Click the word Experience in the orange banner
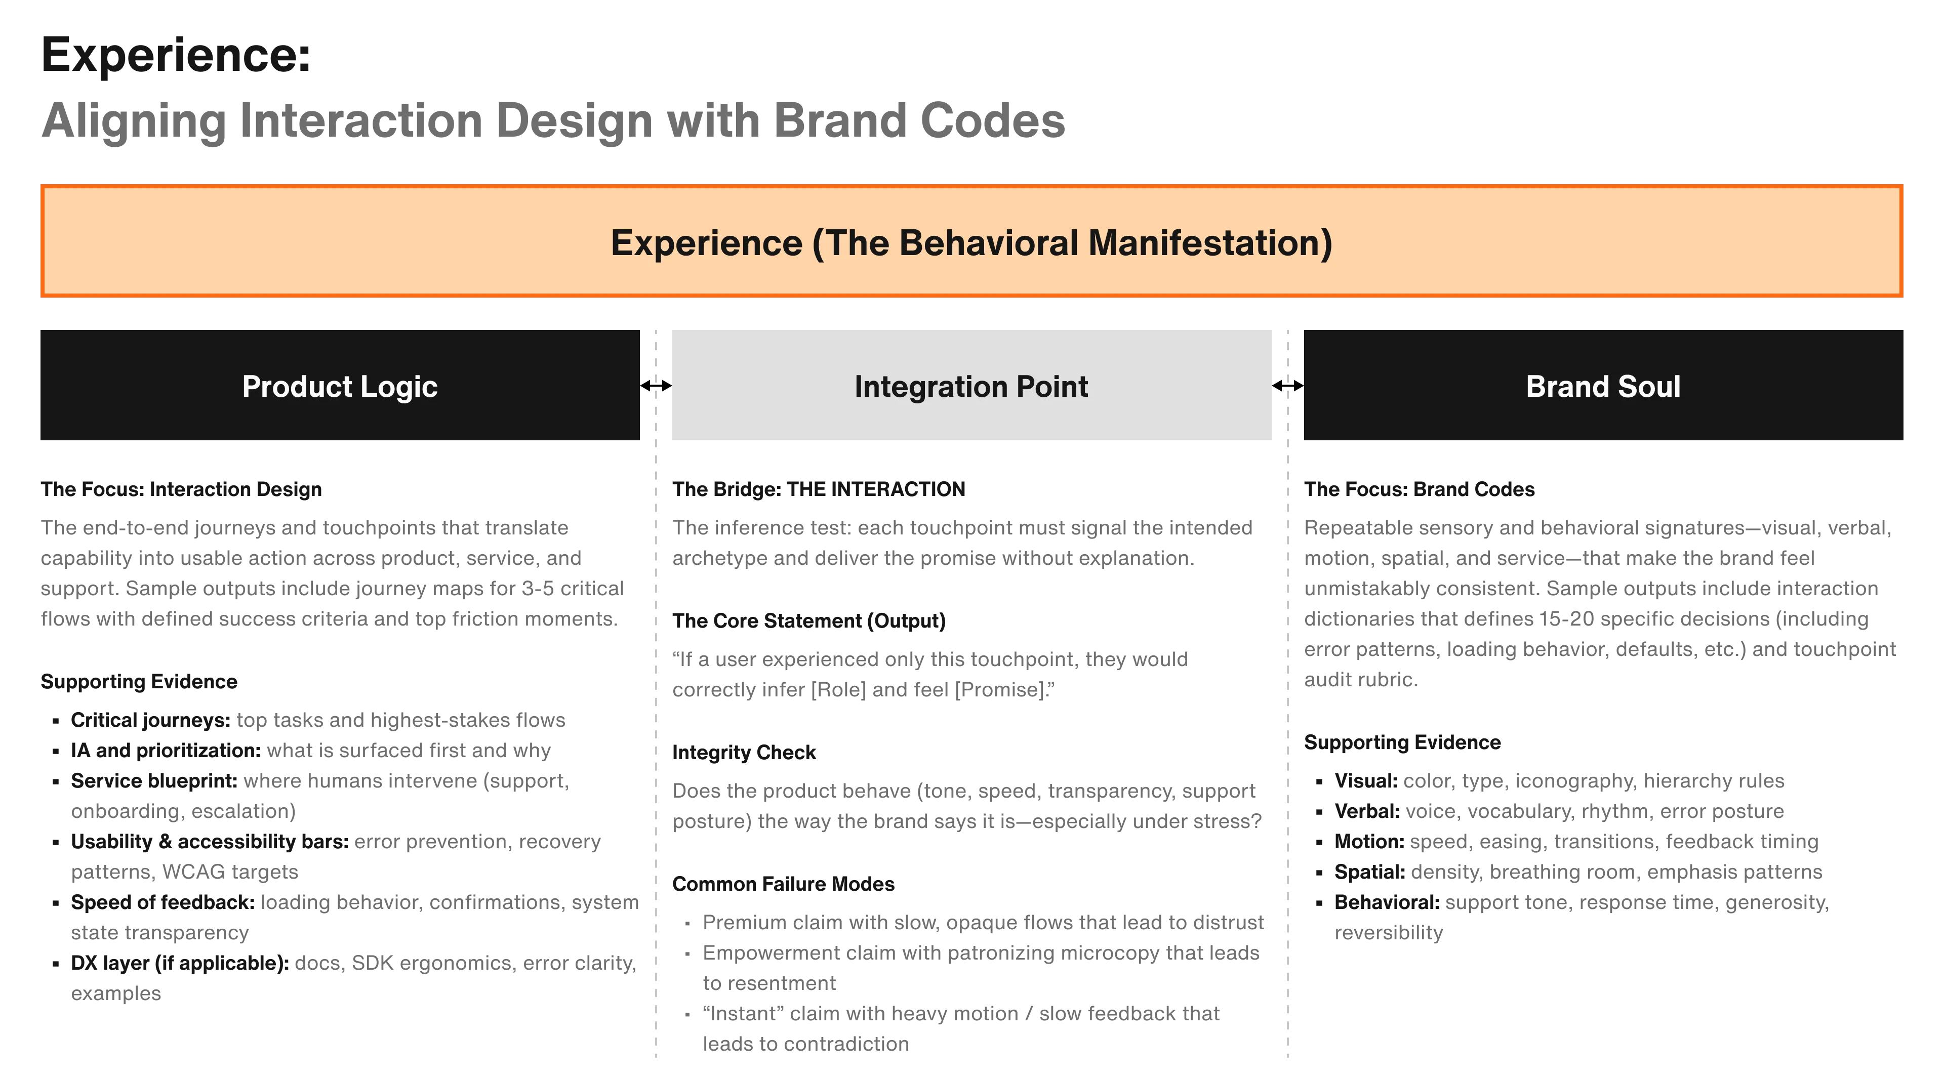706,243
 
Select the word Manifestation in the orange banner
1210,243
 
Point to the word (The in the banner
850,243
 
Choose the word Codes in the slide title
991,120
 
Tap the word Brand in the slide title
838,120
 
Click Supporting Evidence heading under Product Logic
140,682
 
